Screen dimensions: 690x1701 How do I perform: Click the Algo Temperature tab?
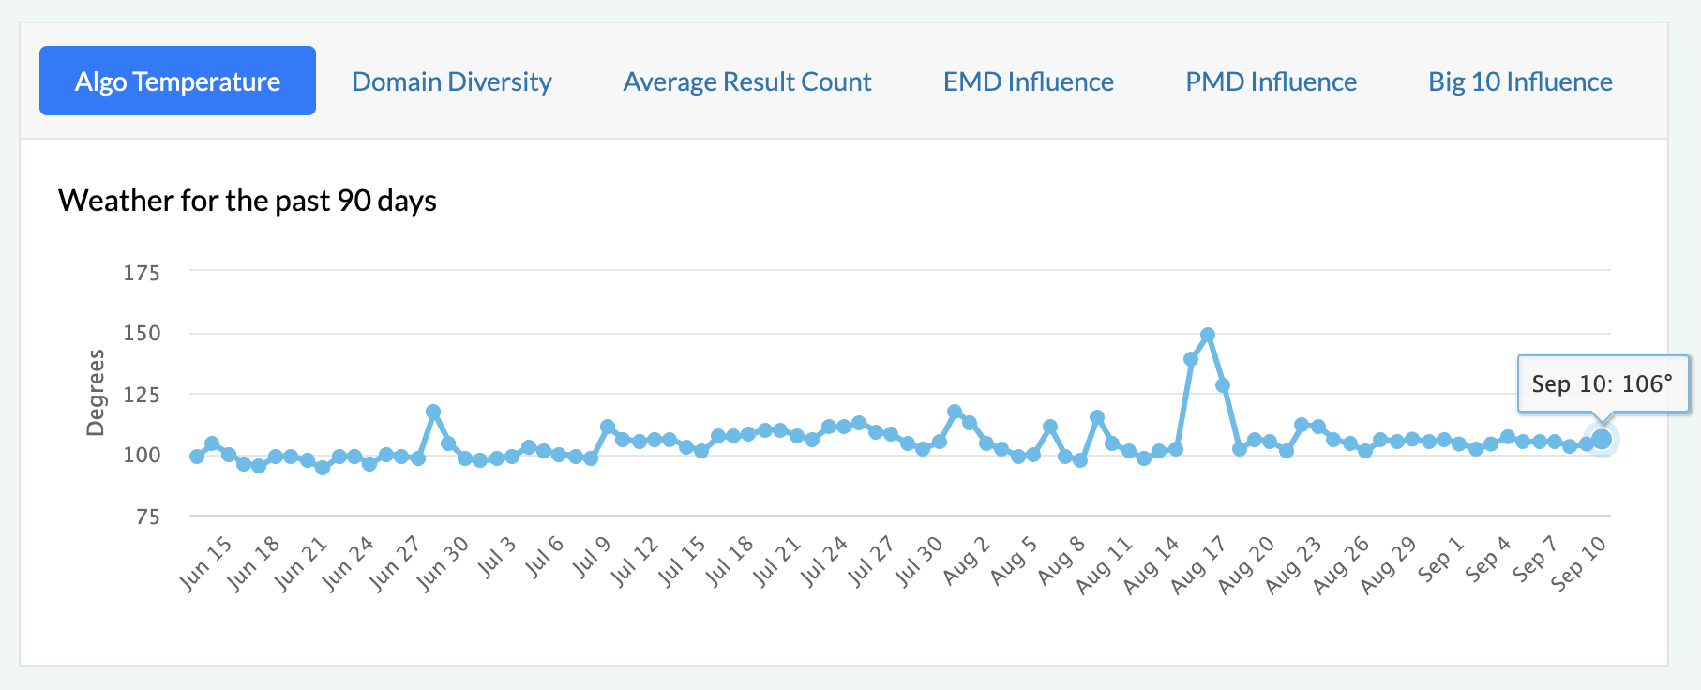click(177, 82)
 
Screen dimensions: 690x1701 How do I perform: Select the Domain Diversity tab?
click(451, 82)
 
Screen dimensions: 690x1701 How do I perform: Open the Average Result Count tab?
click(747, 82)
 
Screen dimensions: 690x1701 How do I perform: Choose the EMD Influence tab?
click(1028, 82)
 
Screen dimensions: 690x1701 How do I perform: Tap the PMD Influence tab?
click(1271, 82)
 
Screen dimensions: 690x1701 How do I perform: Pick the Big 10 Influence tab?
click(1520, 82)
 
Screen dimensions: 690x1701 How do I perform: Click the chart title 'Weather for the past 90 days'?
click(248, 201)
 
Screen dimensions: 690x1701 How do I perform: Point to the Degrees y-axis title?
click(96, 393)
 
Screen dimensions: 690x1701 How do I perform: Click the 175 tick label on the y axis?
click(142, 273)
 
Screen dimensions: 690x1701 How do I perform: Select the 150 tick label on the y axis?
click(142, 333)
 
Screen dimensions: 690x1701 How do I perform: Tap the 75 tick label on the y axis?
click(147, 517)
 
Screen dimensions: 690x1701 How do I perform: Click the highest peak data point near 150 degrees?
click(1208, 335)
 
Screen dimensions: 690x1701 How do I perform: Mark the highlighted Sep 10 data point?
click(1602, 439)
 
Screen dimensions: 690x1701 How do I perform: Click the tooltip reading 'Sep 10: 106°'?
click(1602, 383)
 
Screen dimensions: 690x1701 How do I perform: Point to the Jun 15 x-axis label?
click(205, 563)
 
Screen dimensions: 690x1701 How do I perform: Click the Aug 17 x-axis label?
click(1198, 564)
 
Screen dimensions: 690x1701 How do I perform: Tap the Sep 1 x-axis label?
click(1440, 559)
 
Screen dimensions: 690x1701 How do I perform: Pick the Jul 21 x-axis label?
click(777, 562)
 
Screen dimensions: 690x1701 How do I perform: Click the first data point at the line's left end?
click(197, 457)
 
